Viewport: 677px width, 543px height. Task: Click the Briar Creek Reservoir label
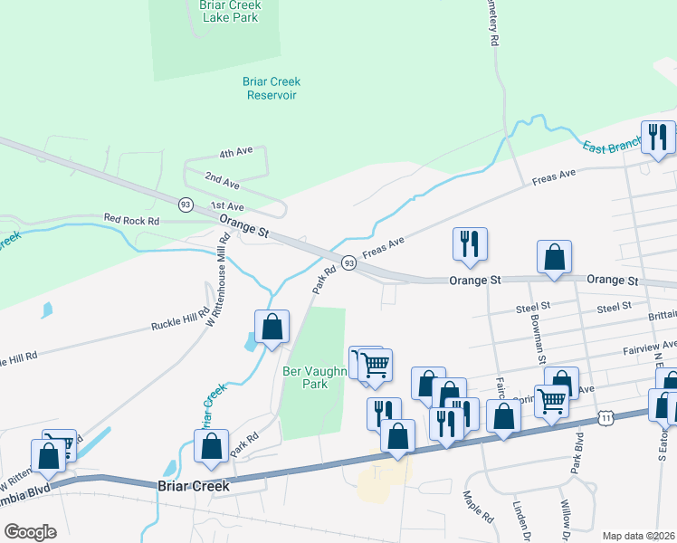coord(271,88)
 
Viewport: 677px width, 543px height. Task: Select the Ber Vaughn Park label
coord(304,377)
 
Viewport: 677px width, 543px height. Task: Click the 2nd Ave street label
coord(222,179)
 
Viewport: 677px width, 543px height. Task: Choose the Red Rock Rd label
coord(131,219)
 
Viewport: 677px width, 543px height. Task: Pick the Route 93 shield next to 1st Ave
coord(186,204)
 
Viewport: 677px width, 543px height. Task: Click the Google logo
coord(29,531)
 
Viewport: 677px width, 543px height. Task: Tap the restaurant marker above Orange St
coord(470,243)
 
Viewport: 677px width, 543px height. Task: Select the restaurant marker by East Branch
coord(658,138)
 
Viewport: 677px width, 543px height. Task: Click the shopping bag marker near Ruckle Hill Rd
coord(272,327)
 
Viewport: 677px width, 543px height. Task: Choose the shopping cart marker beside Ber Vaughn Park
coord(373,366)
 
